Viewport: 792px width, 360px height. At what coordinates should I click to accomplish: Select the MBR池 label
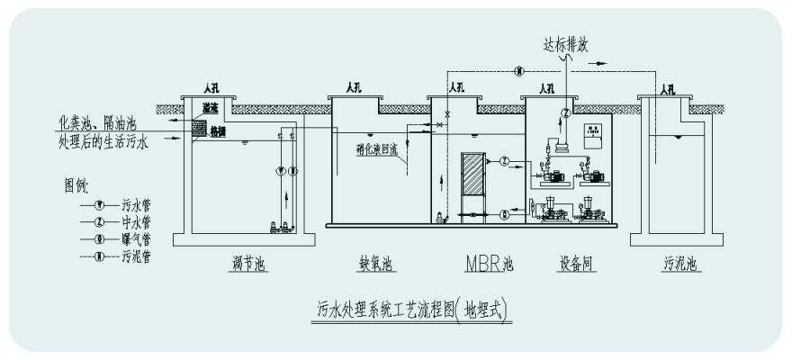490,265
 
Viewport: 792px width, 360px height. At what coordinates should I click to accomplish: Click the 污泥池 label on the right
680,265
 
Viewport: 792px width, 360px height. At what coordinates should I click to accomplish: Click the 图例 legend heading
76,185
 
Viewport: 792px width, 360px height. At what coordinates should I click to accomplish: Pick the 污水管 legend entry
136,204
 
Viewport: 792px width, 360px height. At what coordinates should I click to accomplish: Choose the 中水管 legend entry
136,221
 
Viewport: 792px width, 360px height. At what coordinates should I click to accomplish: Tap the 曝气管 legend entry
136,238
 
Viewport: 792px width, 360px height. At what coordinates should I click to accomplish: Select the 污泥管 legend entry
136,256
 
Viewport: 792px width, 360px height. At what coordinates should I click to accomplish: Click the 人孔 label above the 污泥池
667,89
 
